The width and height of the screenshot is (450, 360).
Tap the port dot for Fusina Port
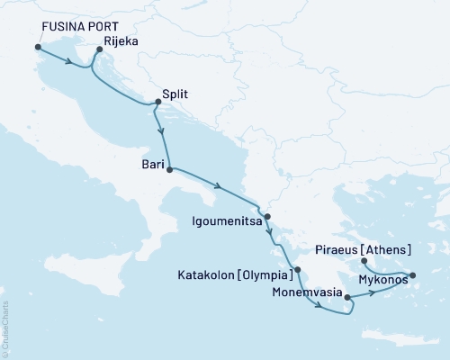(37, 47)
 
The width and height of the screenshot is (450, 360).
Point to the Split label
(175, 92)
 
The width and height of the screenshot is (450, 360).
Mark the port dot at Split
(158, 103)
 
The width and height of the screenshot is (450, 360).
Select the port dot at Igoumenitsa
(266, 216)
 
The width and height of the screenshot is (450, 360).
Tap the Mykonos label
(383, 281)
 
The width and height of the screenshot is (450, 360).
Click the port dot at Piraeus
(364, 262)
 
